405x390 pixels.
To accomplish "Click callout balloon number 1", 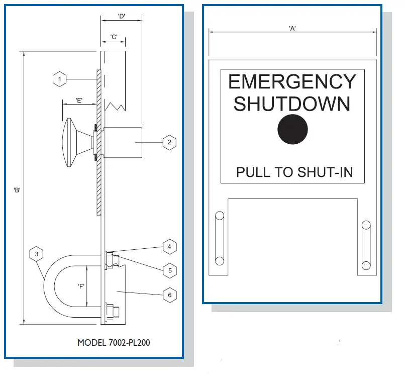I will coord(60,79).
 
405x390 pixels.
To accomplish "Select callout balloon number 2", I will coord(169,142).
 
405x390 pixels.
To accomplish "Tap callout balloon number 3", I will coord(36,254).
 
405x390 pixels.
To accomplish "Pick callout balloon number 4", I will coord(169,246).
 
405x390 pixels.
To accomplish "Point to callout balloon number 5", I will coord(169,270).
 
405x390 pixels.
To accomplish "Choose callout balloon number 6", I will coord(169,295).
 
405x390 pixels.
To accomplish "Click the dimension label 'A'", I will coord(292,28).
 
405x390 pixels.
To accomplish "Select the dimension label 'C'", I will coord(114,37).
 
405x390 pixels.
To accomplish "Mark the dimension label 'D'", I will coord(121,16).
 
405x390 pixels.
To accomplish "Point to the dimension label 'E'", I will coord(79,100).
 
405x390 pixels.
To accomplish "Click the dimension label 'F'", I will coord(80,286).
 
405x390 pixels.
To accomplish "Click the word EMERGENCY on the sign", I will coord(292,81).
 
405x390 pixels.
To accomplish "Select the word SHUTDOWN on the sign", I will coord(292,104).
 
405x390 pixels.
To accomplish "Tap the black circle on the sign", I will coord(292,129).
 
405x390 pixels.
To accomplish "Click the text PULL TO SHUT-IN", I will coord(294,172).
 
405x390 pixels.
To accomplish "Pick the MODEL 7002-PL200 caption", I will coord(114,343).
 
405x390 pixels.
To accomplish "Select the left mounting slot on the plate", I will coord(219,238).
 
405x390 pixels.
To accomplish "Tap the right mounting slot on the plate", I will coord(366,245).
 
